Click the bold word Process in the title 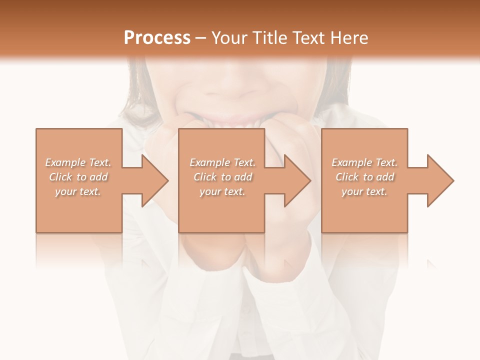pyautogui.click(x=157, y=38)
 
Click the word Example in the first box pyautogui.click(x=64, y=162)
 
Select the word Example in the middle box pyautogui.click(x=209, y=162)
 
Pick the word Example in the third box pyautogui.click(x=351, y=162)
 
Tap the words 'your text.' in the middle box pyautogui.click(x=222, y=191)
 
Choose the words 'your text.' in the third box pyautogui.click(x=364, y=191)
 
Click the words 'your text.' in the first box pyautogui.click(x=77, y=191)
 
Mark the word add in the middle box pyautogui.click(x=243, y=177)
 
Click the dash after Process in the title pyautogui.click(x=201, y=38)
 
